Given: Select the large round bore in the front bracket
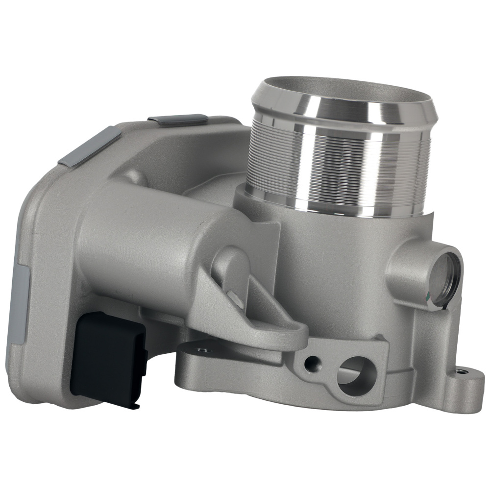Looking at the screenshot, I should [357, 375].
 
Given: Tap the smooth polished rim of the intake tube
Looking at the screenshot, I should [343, 105].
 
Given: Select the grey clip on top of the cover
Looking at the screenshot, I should [177, 120].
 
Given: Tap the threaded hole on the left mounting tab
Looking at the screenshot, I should [201, 350].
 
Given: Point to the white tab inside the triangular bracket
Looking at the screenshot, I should [235, 298].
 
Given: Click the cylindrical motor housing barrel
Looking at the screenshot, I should [147, 235].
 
